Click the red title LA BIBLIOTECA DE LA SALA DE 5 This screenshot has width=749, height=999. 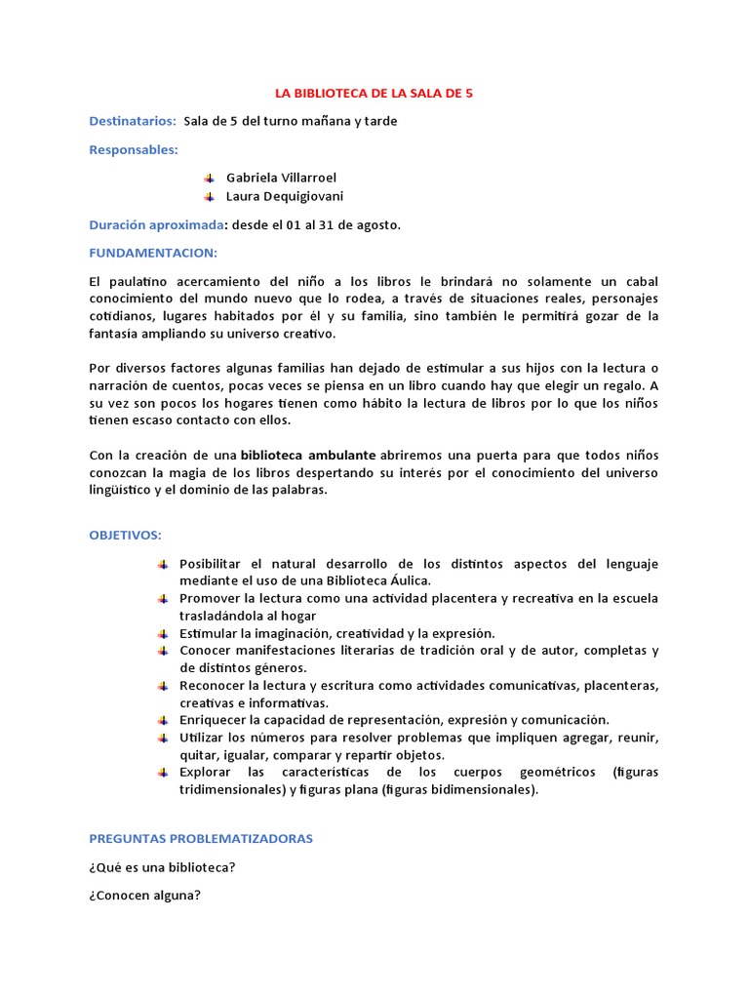(374, 94)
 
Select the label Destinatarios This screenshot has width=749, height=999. (133, 121)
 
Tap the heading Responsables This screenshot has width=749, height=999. (134, 149)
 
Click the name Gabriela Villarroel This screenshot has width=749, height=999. (281, 178)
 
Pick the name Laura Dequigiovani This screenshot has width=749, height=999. (285, 196)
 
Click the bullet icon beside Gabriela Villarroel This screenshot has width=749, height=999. (209, 178)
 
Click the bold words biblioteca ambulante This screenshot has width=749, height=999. (308, 455)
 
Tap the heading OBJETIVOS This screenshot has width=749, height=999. (126, 536)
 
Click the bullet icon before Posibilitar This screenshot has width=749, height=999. (162, 564)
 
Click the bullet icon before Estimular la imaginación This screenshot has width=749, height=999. (162, 633)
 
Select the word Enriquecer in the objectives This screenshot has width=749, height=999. (213, 719)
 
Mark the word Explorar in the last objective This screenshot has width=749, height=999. (205, 772)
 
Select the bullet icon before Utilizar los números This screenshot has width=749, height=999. (162, 737)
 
